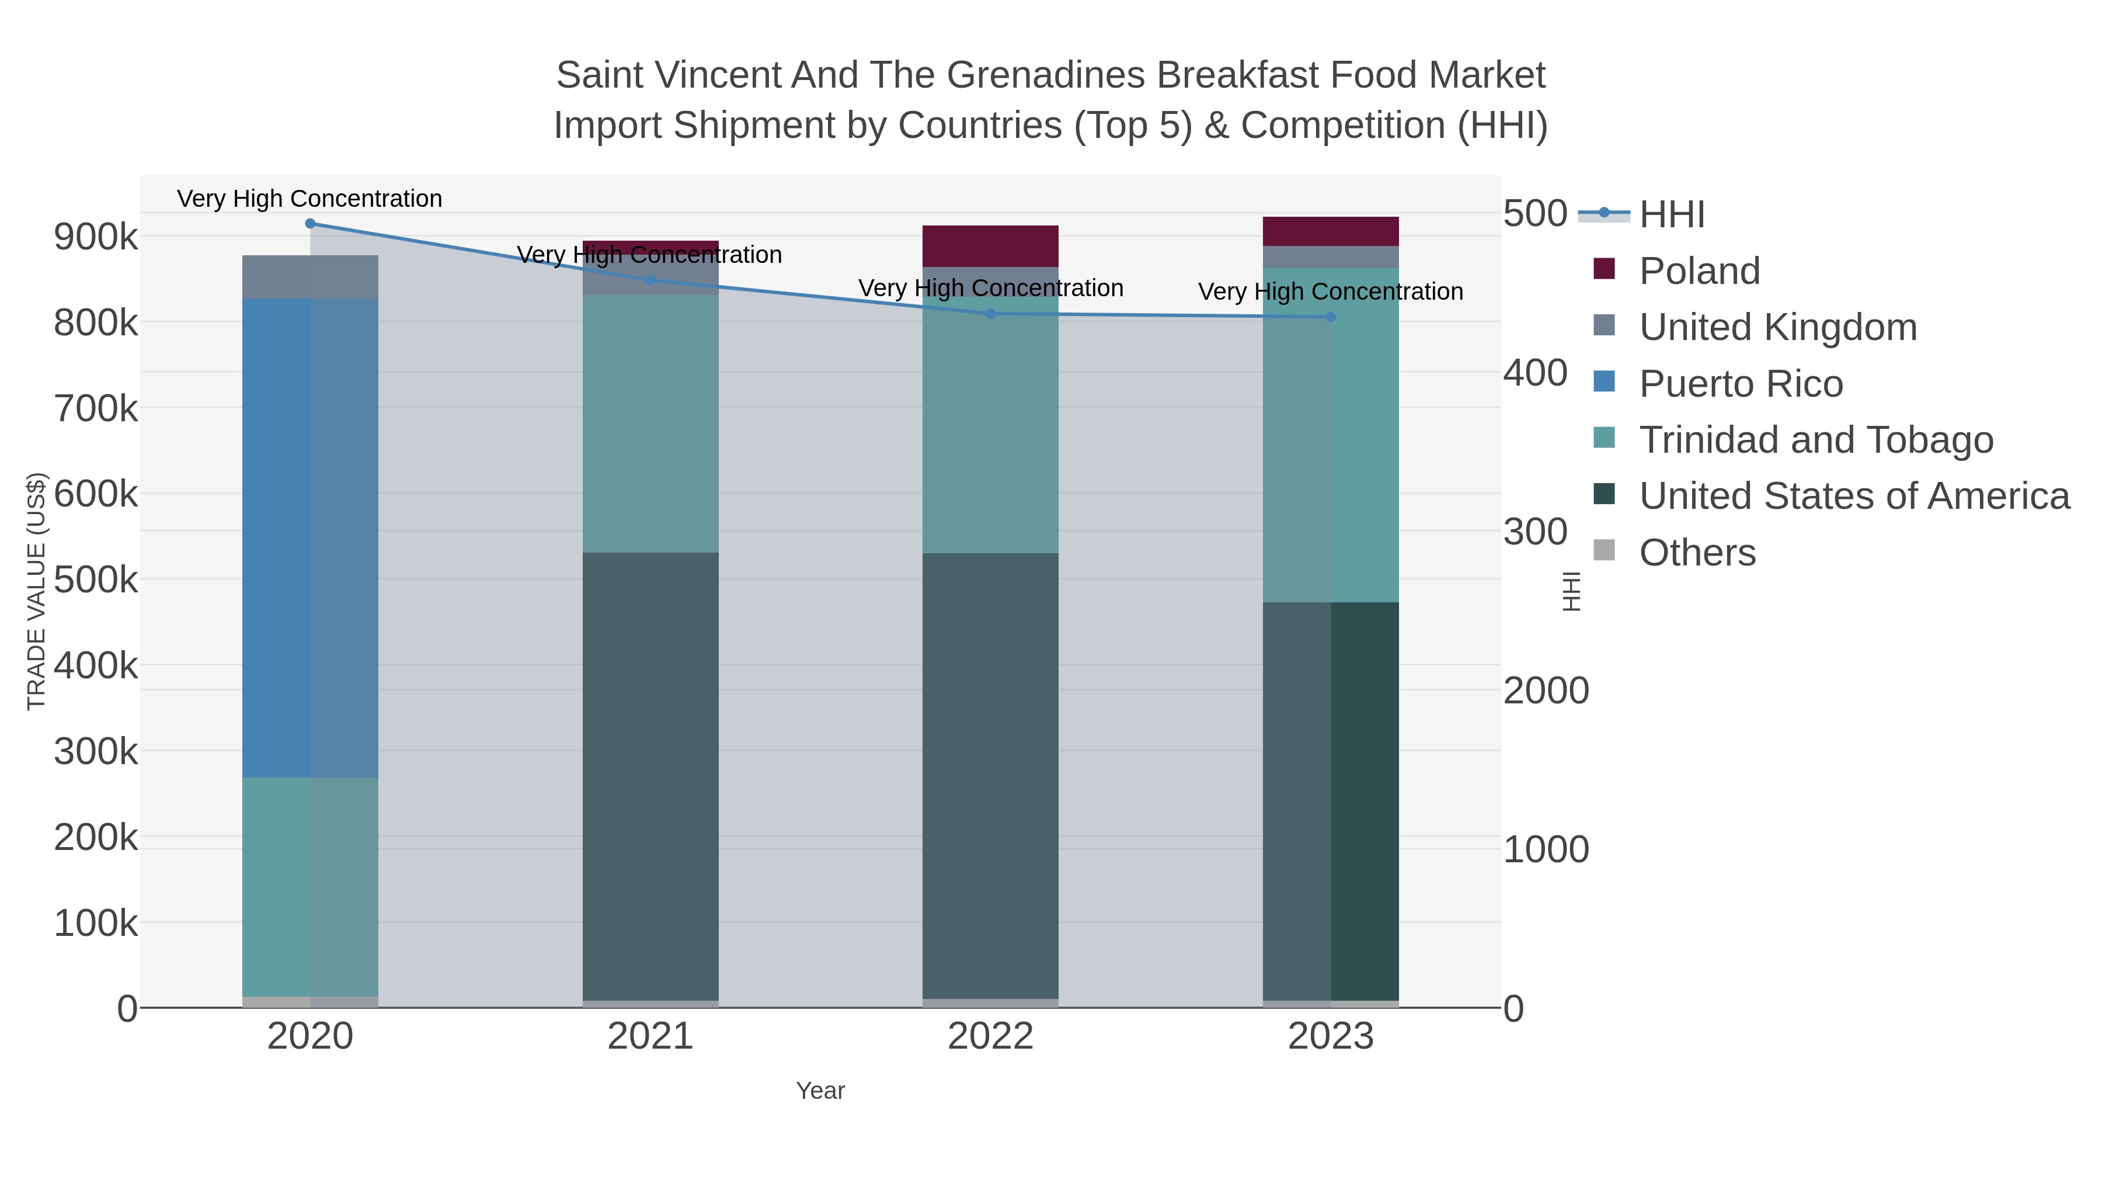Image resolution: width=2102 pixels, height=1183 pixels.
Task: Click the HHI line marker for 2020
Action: (x=310, y=224)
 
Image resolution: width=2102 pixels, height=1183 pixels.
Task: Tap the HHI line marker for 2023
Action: (x=1331, y=317)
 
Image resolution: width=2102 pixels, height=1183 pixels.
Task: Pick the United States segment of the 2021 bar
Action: (x=650, y=776)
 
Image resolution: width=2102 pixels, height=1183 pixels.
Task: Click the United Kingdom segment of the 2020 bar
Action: (x=310, y=277)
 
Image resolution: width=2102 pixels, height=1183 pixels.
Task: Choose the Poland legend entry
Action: (x=1699, y=270)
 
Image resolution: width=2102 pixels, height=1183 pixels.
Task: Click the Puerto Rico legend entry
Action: (x=1741, y=384)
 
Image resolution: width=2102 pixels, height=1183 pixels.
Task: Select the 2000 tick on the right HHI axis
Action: (x=1546, y=691)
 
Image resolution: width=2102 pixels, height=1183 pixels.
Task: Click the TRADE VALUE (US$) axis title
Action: (x=37, y=591)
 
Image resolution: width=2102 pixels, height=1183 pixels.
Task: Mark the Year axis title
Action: (x=820, y=1091)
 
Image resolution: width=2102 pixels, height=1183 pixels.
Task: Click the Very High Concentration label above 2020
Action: (x=310, y=199)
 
